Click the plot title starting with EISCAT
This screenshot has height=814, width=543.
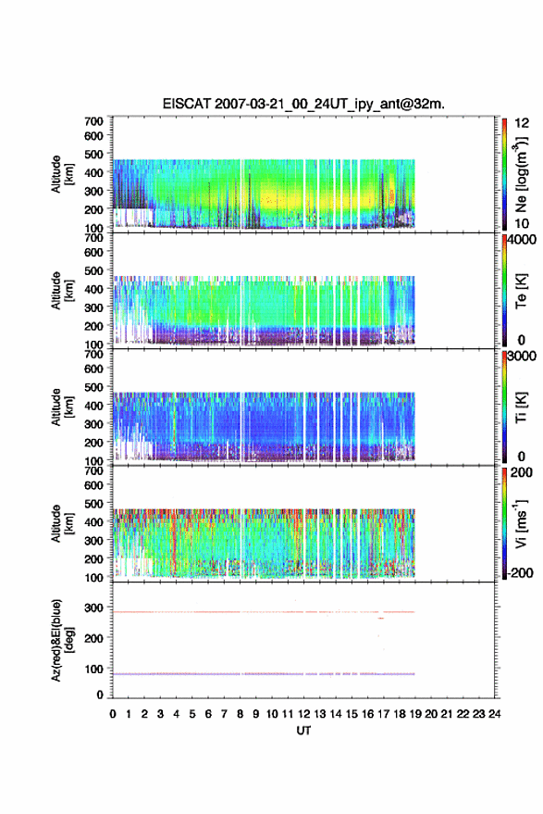click(303, 104)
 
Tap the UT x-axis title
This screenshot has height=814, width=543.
click(303, 731)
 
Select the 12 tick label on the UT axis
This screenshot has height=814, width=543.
click(304, 714)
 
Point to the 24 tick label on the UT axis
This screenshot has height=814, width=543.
click(495, 714)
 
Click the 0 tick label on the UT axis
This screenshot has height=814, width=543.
click(113, 714)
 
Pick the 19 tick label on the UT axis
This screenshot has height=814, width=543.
click(415, 714)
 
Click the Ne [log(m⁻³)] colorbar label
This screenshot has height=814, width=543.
click(521, 174)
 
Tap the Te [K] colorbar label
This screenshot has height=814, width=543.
click(521, 291)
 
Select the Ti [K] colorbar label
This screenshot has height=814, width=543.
click(521, 407)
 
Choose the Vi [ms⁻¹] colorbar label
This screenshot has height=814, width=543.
click(521, 523)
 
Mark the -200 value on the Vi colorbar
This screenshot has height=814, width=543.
click(520, 573)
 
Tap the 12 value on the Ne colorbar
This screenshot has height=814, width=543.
click(522, 123)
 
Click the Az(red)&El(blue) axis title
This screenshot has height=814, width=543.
click(63, 640)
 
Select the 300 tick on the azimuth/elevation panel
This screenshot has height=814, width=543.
click(93, 607)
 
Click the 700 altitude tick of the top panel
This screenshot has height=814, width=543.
click(93, 121)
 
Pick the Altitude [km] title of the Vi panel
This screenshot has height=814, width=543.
click(63, 523)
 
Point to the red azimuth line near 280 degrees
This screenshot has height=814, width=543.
click(264, 612)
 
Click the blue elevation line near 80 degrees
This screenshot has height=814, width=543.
click(264, 674)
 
